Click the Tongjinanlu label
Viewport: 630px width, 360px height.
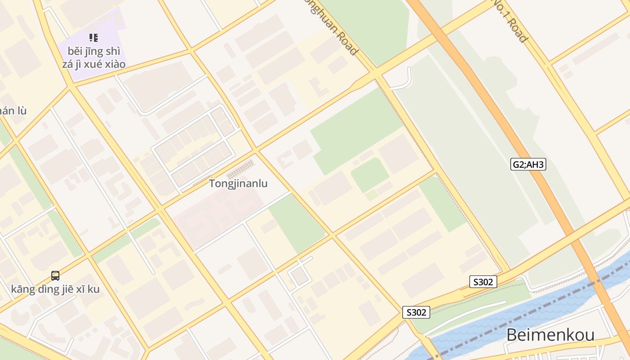238,184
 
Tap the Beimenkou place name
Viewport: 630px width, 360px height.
550,335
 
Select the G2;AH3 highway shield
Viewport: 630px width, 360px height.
528,164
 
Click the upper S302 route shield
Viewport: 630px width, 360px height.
483,282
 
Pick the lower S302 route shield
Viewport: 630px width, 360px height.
416,312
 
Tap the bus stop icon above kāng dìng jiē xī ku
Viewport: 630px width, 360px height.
55,275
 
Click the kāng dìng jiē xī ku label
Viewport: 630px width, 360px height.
55,289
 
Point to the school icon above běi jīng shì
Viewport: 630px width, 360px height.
94,38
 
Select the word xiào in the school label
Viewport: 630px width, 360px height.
115,64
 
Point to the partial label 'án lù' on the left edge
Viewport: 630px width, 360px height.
13,111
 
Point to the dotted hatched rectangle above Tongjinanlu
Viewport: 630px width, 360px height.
241,170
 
